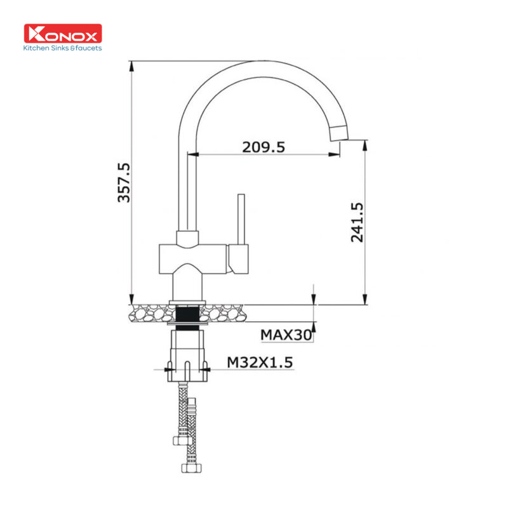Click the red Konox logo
62,34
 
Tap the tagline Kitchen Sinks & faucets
62,48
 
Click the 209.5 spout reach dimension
263,147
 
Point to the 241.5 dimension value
357,222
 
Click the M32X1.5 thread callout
260,362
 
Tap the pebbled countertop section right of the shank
225,313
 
